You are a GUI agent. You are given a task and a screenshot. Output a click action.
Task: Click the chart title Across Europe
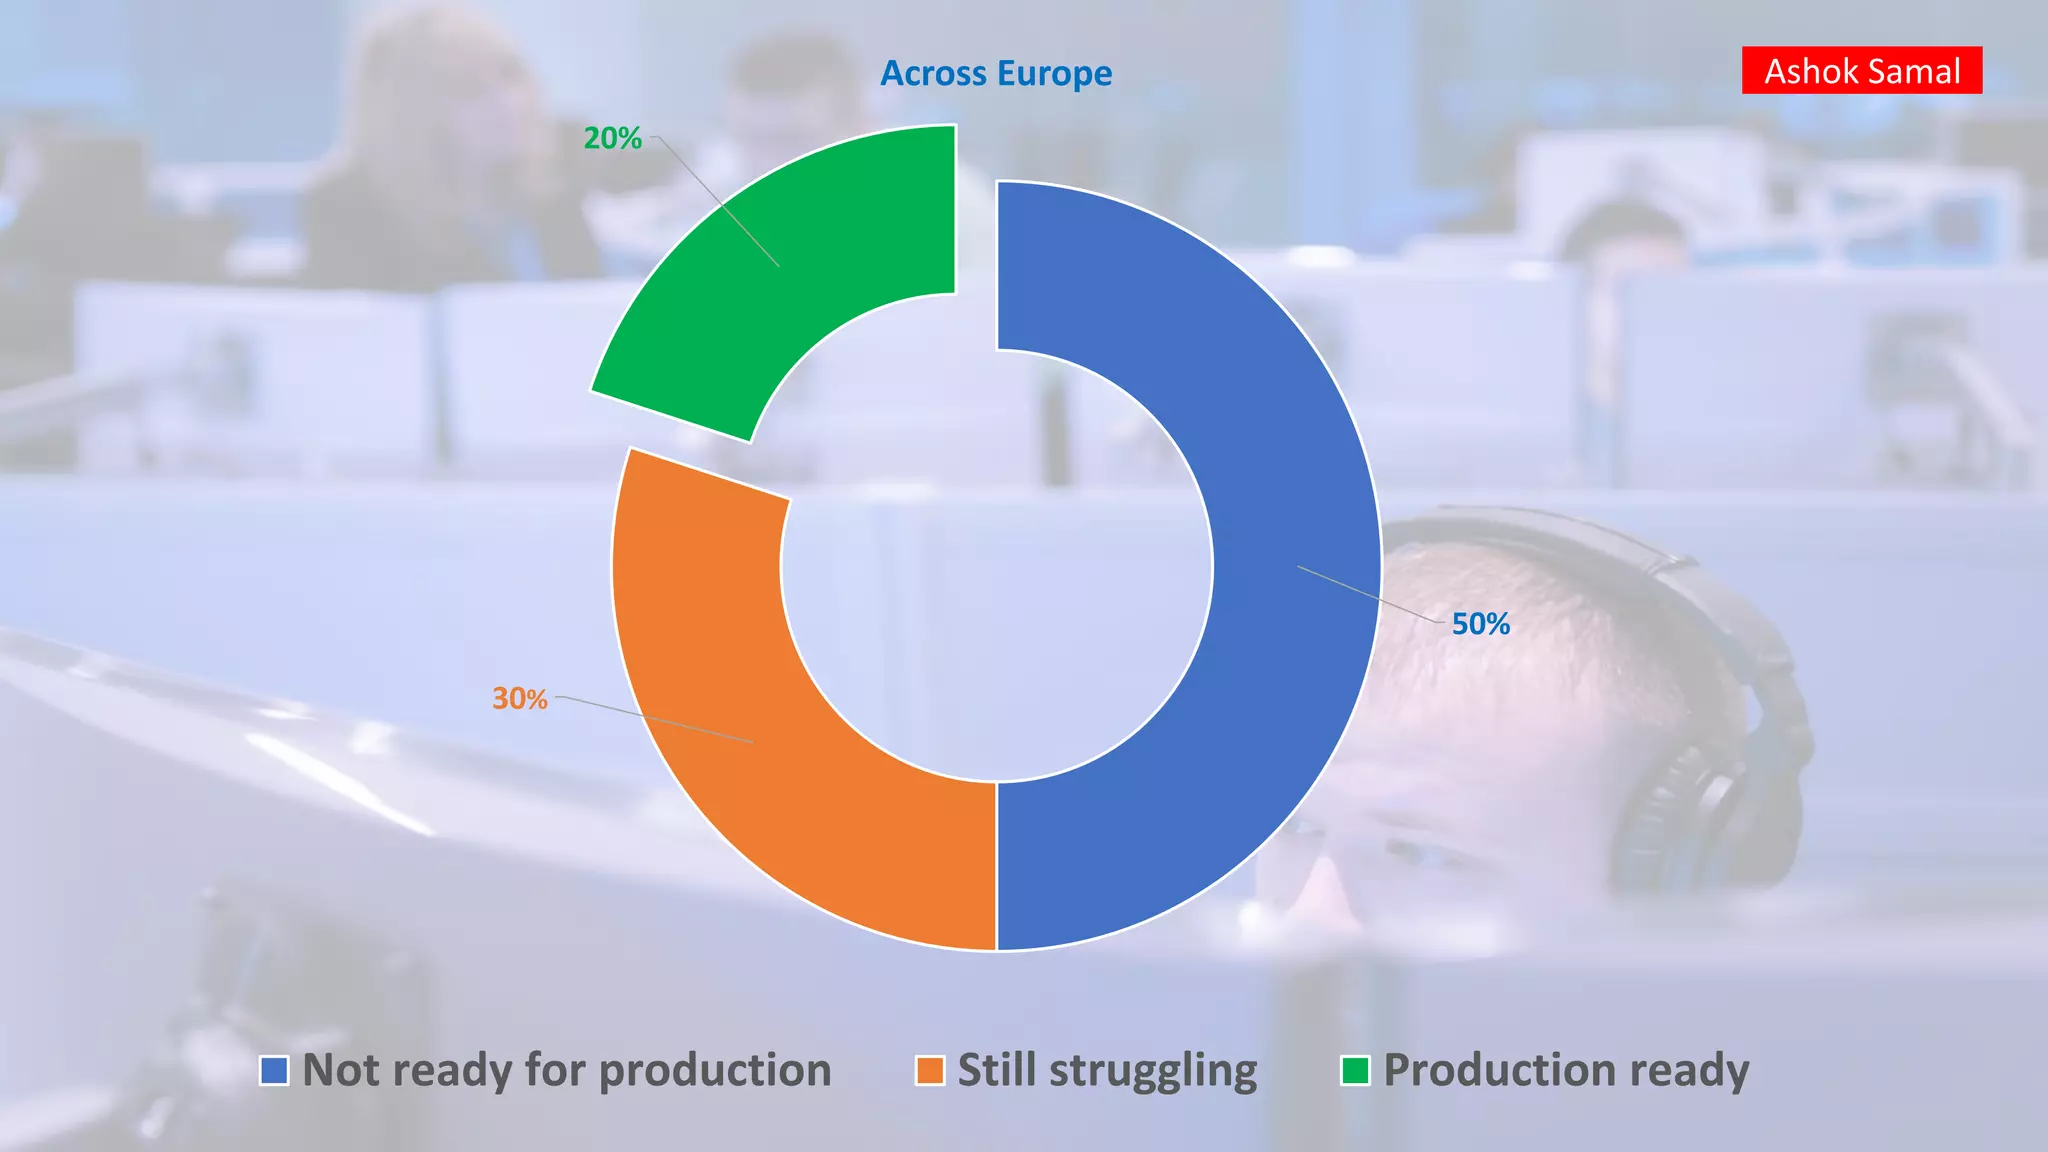pos(996,73)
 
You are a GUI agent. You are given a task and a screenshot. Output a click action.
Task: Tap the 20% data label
pos(612,138)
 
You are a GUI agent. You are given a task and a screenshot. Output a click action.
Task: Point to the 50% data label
pos(1480,624)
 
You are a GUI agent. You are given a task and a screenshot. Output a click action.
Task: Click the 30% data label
pos(519,698)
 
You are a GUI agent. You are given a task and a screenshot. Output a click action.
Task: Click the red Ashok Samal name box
pos(1861,71)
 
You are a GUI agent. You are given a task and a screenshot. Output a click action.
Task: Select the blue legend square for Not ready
pos(274,1070)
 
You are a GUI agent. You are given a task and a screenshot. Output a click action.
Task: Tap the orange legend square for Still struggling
pos(930,1070)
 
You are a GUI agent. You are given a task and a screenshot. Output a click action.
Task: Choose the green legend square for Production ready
pos(1355,1070)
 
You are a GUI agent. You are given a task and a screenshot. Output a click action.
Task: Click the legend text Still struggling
pos(1107,1070)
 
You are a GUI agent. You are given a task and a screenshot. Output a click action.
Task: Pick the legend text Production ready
pos(1566,1070)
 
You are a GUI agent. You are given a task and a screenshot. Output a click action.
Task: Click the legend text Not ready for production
pos(567,1070)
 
